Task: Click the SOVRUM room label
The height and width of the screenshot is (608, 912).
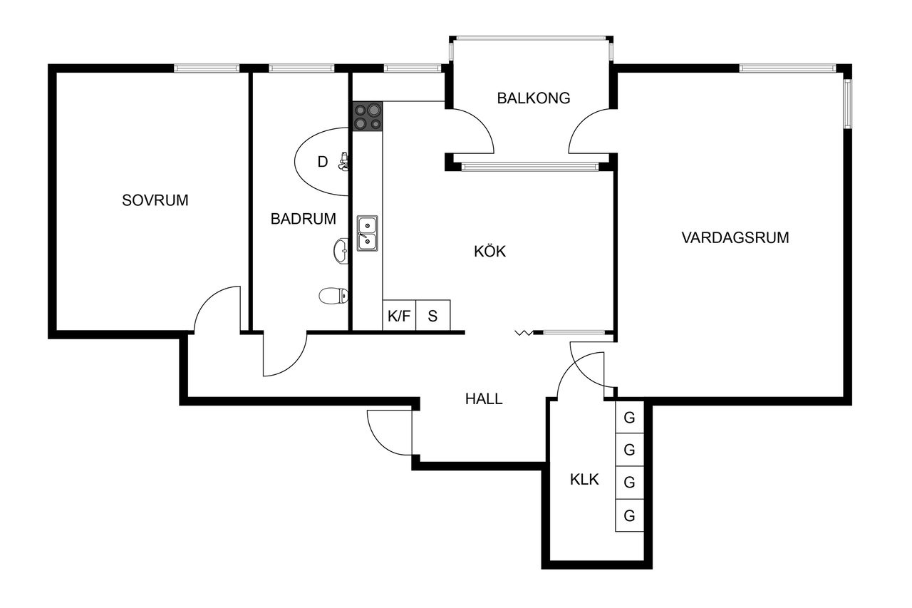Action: pos(155,200)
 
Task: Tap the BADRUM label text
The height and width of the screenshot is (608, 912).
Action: pos(304,219)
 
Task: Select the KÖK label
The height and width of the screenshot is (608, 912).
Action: pos(489,251)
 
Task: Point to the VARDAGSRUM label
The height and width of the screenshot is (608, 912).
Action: pos(735,237)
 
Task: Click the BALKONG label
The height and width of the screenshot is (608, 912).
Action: pos(534,98)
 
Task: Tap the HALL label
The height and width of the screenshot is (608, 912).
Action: pos(484,399)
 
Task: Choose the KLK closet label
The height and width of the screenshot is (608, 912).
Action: pos(584,480)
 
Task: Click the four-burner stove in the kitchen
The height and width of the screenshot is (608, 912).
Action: pos(368,116)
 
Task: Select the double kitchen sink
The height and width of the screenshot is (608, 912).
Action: pos(367,233)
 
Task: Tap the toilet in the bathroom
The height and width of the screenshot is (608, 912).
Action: pos(333,296)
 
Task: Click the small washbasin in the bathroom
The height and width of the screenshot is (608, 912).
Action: pos(341,251)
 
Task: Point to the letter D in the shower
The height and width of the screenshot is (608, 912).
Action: pos(323,162)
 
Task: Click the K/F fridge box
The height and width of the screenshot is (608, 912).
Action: pos(399,316)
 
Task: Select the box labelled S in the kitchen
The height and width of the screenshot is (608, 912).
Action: pos(432,316)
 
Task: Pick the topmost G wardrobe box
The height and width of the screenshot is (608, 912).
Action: pos(629,417)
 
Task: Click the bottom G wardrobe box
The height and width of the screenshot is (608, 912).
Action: pos(629,515)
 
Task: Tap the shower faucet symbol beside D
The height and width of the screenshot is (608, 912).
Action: pos(343,161)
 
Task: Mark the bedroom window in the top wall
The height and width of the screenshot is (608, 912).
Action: pos(207,68)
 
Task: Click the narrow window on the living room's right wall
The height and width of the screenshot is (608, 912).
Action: pos(847,103)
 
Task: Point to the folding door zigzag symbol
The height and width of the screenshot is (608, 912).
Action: pos(524,333)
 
